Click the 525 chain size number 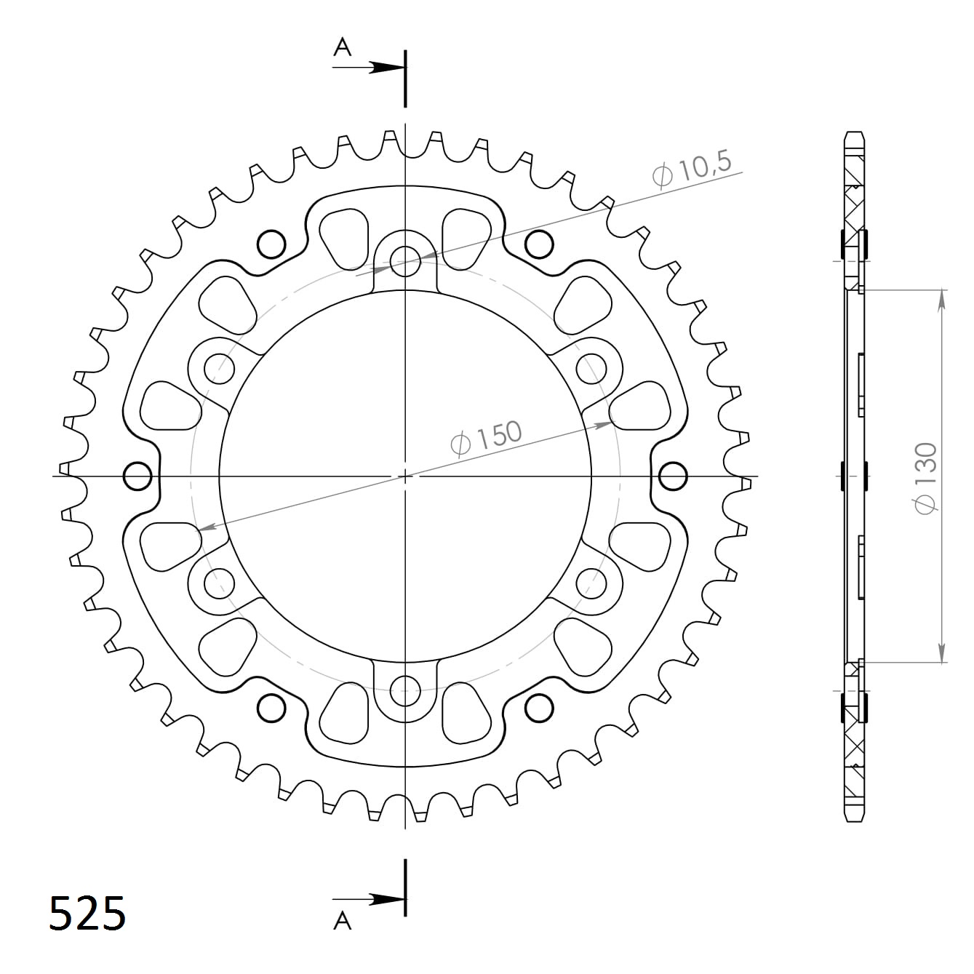(x=87, y=913)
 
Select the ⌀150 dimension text (x=485, y=436)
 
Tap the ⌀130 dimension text (x=927, y=478)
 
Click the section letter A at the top (x=342, y=47)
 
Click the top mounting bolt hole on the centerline (x=405, y=262)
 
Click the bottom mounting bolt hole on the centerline (x=405, y=690)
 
